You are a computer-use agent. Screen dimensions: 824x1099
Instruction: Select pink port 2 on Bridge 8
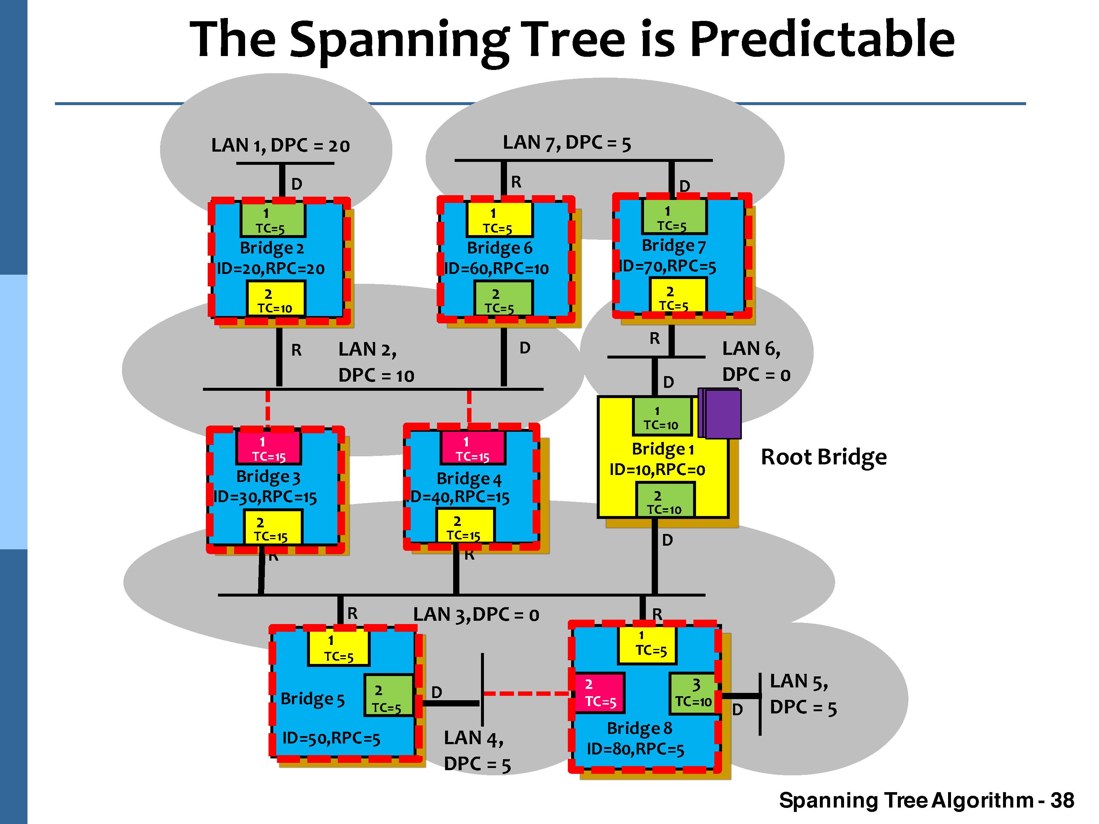[x=600, y=693]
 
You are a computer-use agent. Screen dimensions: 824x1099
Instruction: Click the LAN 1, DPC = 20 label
[x=280, y=145]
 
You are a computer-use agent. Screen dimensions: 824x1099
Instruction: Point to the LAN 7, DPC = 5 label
[x=566, y=143]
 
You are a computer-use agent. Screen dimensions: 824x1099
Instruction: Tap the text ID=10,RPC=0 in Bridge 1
[x=657, y=469]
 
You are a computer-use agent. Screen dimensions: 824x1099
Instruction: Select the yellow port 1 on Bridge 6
[x=499, y=219]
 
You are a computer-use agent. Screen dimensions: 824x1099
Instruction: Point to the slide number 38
[x=1062, y=800]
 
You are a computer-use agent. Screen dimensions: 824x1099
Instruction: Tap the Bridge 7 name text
[x=673, y=246]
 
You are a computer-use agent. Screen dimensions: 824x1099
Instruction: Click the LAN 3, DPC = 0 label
[x=476, y=615]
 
